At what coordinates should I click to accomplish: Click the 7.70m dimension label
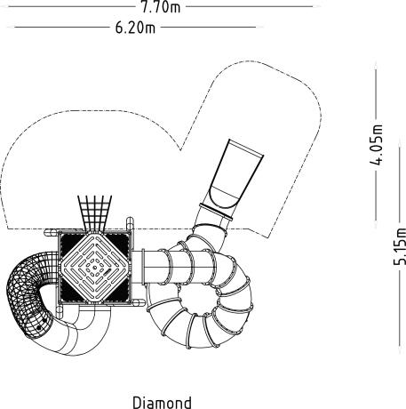click(x=161, y=7)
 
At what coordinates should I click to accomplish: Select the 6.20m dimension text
click(x=135, y=28)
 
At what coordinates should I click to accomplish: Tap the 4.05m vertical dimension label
click(x=376, y=145)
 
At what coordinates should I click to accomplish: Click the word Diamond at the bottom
click(x=162, y=403)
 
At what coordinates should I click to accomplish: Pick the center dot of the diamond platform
click(x=95, y=268)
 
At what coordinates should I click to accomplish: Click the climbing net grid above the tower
click(x=95, y=213)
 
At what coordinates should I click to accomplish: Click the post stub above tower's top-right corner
click(x=130, y=224)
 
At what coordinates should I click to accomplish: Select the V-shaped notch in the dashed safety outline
click(x=180, y=149)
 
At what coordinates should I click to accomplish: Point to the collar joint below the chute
click(x=216, y=212)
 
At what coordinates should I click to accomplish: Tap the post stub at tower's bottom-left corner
click(x=60, y=312)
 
